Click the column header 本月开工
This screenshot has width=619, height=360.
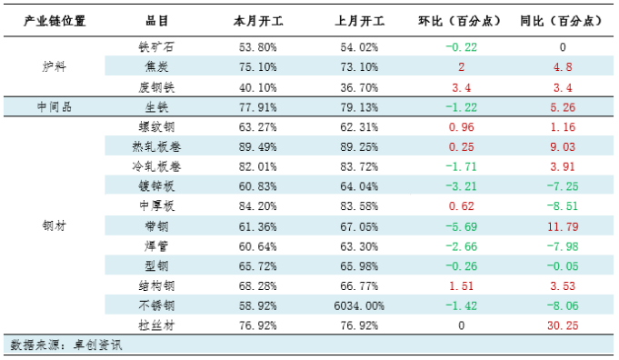coord(258,20)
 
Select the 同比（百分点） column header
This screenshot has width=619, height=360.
coord(562,20)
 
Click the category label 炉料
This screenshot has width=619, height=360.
coord(55,66)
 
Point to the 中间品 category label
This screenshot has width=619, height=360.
coord(55,106)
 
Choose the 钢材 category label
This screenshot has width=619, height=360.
coord(55,225)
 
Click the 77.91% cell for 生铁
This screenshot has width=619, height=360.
coord(258,106)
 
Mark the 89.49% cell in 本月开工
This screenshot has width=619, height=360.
coord(258,145)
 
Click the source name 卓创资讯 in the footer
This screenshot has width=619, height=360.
coord(98,345)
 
